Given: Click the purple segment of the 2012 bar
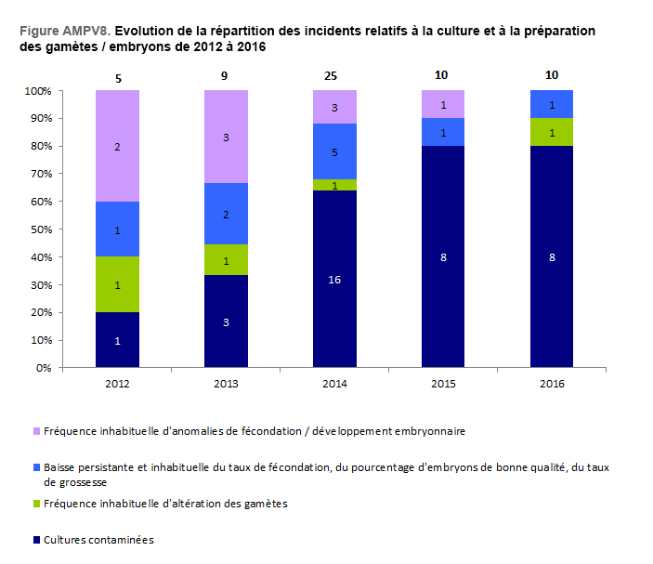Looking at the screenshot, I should pos(117,146).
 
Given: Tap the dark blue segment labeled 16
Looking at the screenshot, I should pos(334,279).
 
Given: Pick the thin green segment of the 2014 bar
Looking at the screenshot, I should pos(334,185).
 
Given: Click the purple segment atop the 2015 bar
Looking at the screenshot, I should pos(444,104).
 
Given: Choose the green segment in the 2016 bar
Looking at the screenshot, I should pos(553,132).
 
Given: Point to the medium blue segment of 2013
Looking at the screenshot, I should pos(226,214).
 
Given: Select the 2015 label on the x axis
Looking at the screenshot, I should pos(444,382).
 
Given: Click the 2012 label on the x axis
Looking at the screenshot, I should pos(117,382).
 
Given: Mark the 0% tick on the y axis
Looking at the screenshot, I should pos(43,368).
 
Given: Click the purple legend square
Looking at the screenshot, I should pos(36,431).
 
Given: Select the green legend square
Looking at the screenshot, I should pos(36,504).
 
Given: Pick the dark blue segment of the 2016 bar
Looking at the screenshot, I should pos(553,256).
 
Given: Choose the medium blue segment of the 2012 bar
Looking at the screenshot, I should pos(117,229).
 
